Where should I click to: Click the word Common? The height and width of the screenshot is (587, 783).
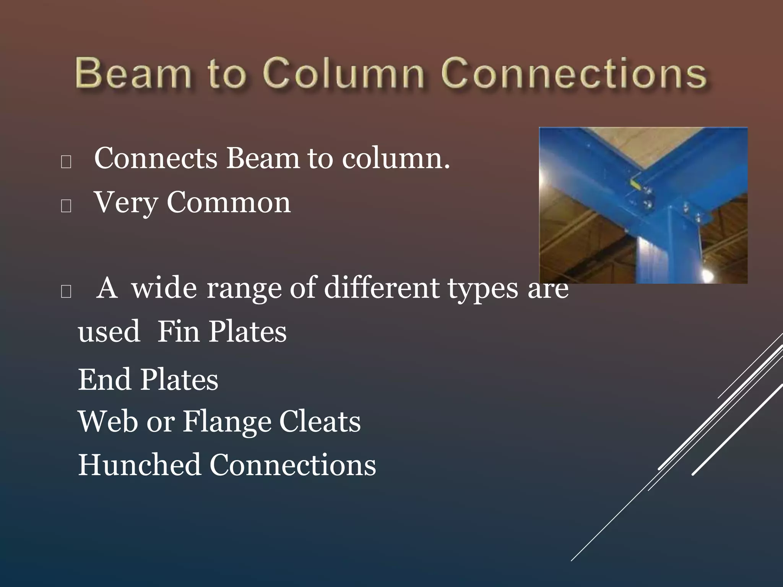pyautogui.click(x=228, y=203)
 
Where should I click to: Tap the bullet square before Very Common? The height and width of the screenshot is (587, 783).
pyautogui.click(x=66, y=206)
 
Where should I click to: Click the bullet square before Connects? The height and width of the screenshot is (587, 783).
pyautogui.click(x=66, y=162)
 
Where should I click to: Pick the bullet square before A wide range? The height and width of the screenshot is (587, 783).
pyautogui.click(x=66, y=292)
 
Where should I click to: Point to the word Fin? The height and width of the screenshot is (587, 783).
pyautogui.click(x=179, y=331)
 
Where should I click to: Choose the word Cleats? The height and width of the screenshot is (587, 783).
pyautogui.click(x=320, y=422)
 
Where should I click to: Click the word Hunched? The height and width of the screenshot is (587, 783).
pyautogui.click(x=140, y=465)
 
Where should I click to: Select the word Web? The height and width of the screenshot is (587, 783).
pyautogui.click(x=108, y=422)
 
